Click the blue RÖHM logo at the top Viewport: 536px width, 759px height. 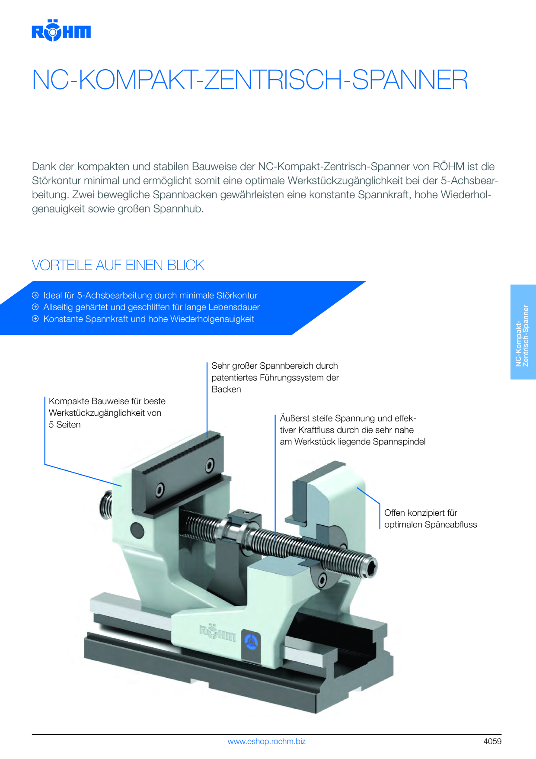tap(61, 30)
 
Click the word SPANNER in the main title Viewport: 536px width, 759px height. tap(410, 80)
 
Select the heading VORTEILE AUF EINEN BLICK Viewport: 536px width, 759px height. tap(118, 265)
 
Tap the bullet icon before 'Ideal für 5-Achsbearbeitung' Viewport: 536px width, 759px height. tap(35, 295)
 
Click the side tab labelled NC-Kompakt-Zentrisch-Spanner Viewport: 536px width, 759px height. tap(523, 332)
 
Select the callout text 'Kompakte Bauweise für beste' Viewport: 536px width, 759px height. tap(107, 401)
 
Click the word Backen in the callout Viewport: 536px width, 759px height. tap(226, 389)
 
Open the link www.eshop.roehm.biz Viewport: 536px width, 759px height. tap(267, 741)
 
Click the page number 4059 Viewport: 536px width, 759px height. tap(492, 741)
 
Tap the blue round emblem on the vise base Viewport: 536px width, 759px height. tap(251, 641)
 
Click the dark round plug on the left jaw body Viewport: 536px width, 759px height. tap(137, 530)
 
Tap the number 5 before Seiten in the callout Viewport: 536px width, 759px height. tap(51, 425)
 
